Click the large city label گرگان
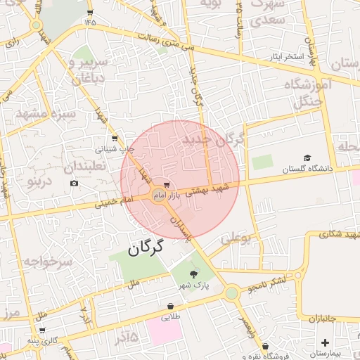point(146,247)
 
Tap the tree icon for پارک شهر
point(193,273)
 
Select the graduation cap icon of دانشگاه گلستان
point(307,158)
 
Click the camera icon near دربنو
point(75,184)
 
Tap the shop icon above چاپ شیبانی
point(115,139)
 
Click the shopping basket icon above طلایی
point(171,307)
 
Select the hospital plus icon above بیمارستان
point(325,342)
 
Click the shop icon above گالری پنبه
point(42,330)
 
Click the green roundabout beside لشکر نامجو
point(231,292)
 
